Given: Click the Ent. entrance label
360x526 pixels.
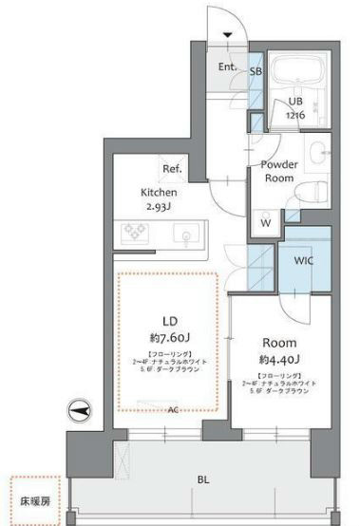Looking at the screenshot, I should pos(228,67).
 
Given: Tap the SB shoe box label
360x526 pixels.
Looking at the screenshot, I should pos(256,70).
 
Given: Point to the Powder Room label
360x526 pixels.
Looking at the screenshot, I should pos(281,171).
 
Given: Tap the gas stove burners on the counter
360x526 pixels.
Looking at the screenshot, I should pos(133,231).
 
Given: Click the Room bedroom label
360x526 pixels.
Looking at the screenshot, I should pos(279,342).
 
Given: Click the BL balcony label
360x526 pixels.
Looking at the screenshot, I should pos(202,480).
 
